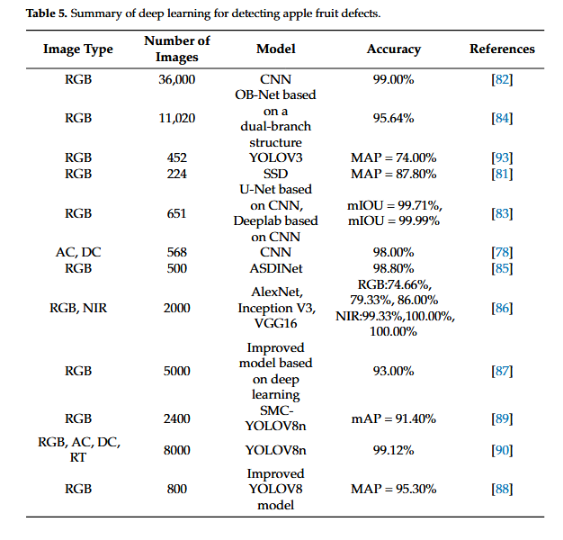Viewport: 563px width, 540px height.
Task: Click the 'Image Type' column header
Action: pos(78,49)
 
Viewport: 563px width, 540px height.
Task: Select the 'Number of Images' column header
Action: pos(177,49)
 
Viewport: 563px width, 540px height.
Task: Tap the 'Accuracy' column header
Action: pos(394,49)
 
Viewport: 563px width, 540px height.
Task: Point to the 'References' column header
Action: pos(502,49)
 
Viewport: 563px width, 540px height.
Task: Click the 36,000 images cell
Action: pos(177,79)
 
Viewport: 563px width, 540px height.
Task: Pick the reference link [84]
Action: pos(502,118)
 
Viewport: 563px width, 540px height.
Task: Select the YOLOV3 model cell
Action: pos(276,157)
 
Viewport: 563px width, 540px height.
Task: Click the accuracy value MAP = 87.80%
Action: pos(394,174)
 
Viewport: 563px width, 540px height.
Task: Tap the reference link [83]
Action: pos(502,213)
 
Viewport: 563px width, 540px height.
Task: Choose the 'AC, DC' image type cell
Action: pos(78,253)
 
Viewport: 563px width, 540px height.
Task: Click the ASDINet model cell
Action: pos(276,268)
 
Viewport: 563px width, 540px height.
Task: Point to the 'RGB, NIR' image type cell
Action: pos(78,309)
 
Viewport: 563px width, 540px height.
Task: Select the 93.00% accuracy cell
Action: pos(394,371)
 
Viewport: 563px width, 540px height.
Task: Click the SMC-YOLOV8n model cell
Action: pos(276,418)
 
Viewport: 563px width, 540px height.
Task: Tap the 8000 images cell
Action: pos(177,450)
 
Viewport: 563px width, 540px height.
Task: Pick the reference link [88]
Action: pos(502,489)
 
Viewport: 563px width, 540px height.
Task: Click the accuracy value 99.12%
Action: pos(394,450)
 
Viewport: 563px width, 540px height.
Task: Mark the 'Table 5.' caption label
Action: pos(47,13)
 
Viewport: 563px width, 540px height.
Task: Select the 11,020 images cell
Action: pos(177,118)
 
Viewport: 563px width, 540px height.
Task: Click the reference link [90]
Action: pos(502,450)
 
